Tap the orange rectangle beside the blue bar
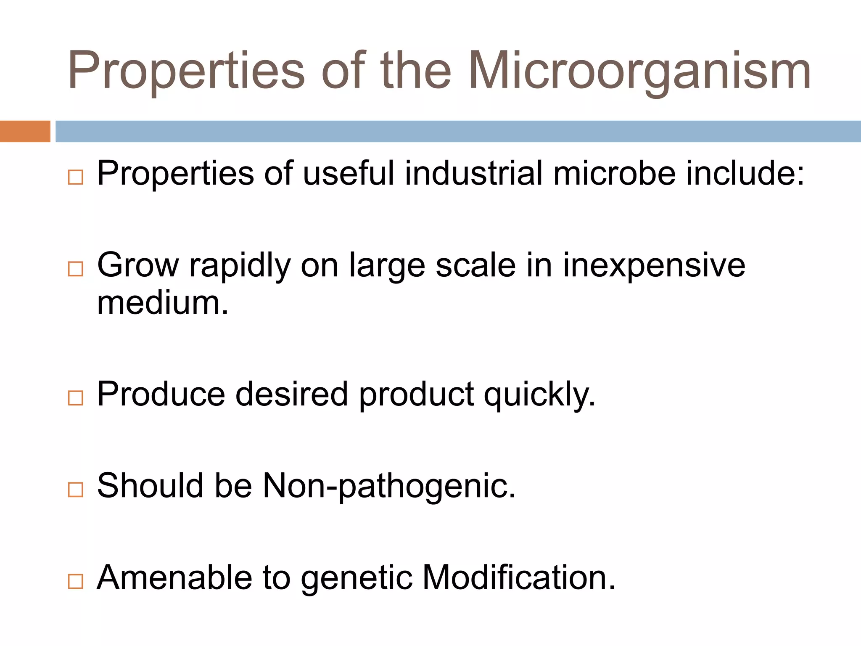click(25, 131)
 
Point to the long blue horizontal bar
click(458, 131)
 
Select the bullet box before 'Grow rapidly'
click(76, 269)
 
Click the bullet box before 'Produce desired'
click(76, 397)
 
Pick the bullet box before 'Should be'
click(76, 490)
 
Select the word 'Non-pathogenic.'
click(389, 487)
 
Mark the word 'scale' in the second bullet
click(475, 266)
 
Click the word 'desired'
click(292, 394)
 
